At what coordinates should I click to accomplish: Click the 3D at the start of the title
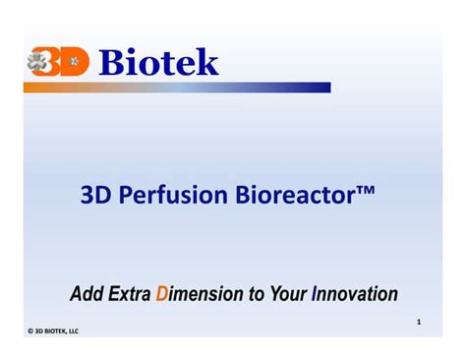(x=95, y=196)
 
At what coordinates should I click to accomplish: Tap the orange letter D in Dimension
(x=162, y=293)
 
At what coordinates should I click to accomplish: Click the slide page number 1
(x=418, y=322)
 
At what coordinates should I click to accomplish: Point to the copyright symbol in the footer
(x=29, y=330)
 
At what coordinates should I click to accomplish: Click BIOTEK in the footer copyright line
(x=57, y=330)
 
